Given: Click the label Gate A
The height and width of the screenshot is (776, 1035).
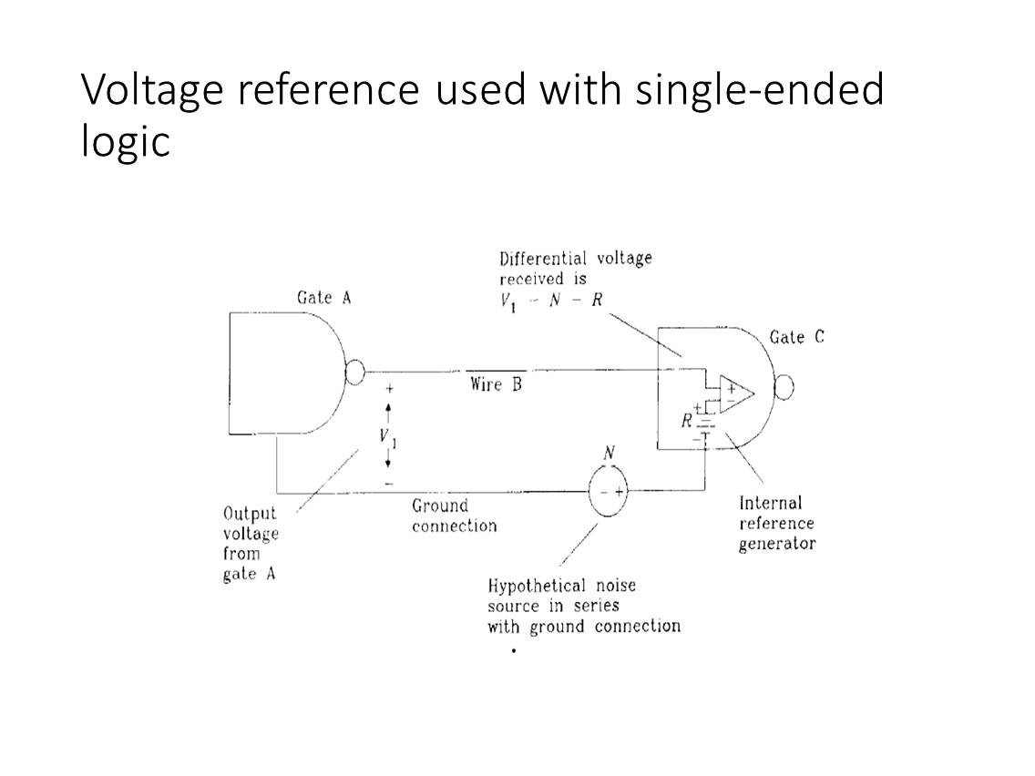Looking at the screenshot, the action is [x=323, y=298].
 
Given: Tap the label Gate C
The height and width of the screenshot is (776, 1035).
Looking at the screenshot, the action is [x=796, y=337].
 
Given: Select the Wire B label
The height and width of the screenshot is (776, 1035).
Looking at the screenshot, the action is [x=496, y=384].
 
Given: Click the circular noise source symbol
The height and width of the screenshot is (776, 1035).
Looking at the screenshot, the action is [x=608, y=493].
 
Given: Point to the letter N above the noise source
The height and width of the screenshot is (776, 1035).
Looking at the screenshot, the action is [x=609, y=453].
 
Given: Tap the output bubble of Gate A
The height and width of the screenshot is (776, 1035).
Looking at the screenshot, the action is [x=355, y=372].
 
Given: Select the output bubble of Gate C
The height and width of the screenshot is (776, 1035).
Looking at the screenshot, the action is [x=784, y=388].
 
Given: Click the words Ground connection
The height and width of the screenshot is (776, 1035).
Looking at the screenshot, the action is [x=454, y=516].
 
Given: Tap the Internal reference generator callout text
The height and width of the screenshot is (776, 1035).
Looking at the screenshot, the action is [x=776, y=523].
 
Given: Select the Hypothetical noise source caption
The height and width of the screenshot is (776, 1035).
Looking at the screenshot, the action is [x=583, y=606].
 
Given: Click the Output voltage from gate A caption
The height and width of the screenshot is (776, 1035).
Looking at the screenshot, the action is [x=251, y=544].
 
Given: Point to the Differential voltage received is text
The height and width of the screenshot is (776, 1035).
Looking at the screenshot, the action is [x=575, y=268].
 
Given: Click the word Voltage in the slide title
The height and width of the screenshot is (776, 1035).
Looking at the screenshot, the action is [x=151, y=89].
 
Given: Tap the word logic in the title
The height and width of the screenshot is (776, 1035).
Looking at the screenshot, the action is [x=125, y=140].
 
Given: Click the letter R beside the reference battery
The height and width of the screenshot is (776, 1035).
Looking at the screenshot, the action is [x=687, y=421].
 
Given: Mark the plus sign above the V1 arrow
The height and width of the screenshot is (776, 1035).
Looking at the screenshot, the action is [x=389, y=388].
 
